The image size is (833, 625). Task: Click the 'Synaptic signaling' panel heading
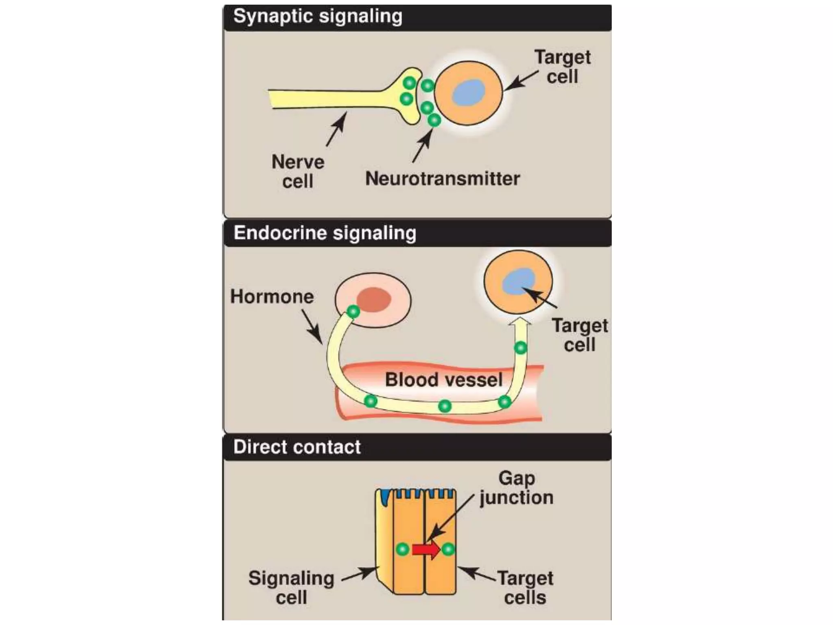pyautogui.click(x=318, y=17)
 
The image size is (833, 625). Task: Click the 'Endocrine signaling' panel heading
pyautogui.click(x=325, y=234)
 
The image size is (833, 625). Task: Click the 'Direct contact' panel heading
pyautogui.click(x=297, y=447)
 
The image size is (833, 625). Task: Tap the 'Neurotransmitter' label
pyautogui.click(x=443, y=179)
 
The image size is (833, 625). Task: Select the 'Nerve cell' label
pyautogui.click(x=298, y=171)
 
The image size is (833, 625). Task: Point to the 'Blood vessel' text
pyautogui.click(x=444, y=380)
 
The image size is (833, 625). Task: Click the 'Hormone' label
pyautogui.click(x=272, y=297)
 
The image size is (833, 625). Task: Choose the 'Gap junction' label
pyautogui.click(x=517, y=488)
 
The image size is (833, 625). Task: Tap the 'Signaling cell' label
pyautogui.click(x=291, y=588)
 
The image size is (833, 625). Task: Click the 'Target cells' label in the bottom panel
pyautogui.click(x=525, y=588)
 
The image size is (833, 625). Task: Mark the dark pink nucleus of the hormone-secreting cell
pyautogui.click(x=374, y=299)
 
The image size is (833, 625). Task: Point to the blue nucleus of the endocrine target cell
pyautogui.click(x=518, y=281)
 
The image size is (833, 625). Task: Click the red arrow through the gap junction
pyautogui.click(x=426, y=550)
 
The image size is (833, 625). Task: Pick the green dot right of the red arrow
pyautogui.click(x=448, y=549)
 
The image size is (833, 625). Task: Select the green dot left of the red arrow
pyautogui.click(x=403, y=549)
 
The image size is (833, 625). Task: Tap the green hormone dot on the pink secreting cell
pyautogui.click(x=353, y=312)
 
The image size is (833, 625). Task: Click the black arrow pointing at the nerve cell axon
pyautogui.click(x=336, y=129)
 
